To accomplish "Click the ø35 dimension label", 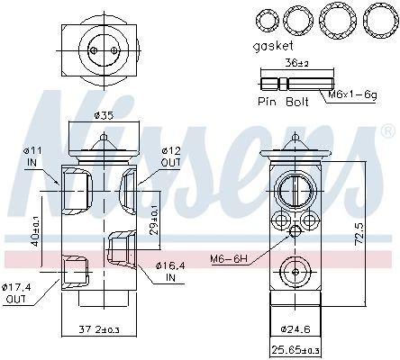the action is click(x=104, y=115).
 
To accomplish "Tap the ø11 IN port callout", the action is click(x=32, y=157).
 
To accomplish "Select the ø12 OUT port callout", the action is click(x=171, y=157).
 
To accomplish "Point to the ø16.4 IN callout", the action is click(x=170, y=272).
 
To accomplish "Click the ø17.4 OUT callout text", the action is click(x=16, y=293).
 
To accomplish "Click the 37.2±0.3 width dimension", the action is click(x=99, y=330).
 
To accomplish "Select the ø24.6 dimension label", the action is click(x=295, y=329).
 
